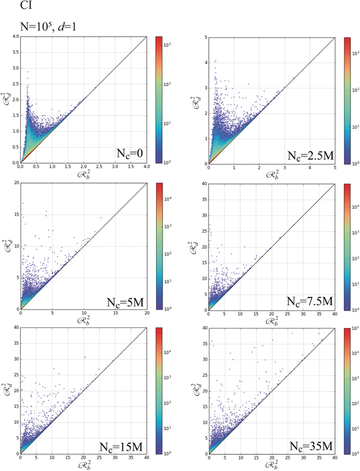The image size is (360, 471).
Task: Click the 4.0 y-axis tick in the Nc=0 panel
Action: [14, 37]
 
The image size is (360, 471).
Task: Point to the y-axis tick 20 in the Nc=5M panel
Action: [15, 183]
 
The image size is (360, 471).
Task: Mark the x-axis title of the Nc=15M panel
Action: [83, 465]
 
